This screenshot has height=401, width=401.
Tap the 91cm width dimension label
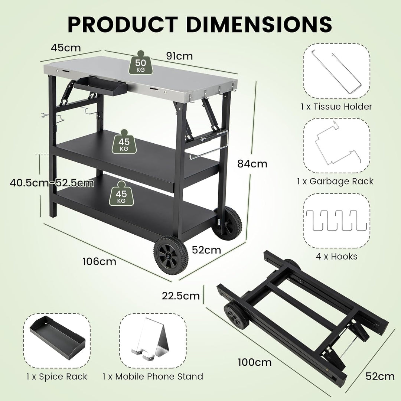(x=180, y=56)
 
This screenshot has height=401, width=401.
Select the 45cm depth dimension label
(x=66, y=48)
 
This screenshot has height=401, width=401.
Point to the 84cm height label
(x=253, y=163)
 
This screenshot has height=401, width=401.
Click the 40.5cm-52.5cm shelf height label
(x=52, y=183)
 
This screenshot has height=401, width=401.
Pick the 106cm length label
(x=99, y=261)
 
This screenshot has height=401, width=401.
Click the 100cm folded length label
(x=254, y=362)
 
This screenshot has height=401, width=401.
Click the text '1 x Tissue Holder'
(x=336, y=107)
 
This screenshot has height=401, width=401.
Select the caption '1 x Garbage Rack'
(x=335, y=181)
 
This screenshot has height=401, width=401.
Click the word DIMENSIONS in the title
(x=259, y=24)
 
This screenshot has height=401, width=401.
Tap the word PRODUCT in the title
(x=124, y=24)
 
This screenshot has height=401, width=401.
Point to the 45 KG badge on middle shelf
(x=124, y=142)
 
